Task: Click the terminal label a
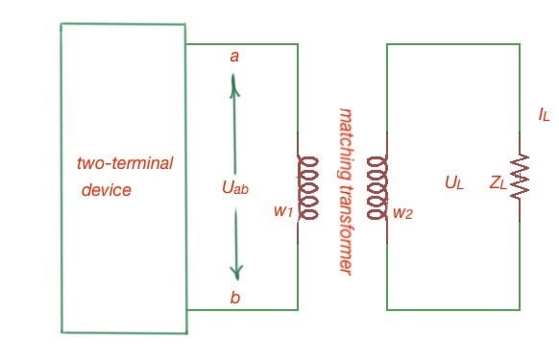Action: [233, 57]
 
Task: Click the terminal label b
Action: [234, 298]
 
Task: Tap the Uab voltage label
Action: [234, 188]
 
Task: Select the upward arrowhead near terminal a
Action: [233, 85]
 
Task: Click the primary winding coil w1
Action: [306, 187]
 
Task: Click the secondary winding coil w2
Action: [377, 187]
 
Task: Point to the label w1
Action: [281, 211]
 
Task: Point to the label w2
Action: [401, 212]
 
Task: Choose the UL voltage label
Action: [453, 181]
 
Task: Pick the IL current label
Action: [544, 115]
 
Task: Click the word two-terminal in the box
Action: [125, 163]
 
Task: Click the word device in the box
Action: [106, 190]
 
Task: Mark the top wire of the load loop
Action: [452, 43]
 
